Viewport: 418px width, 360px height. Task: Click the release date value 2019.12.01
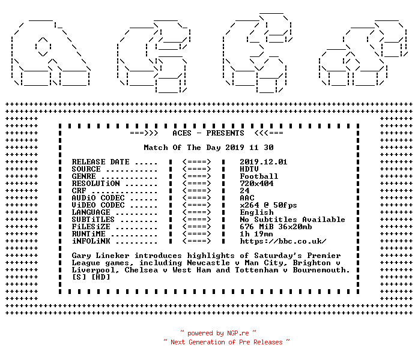(x=264, y=162)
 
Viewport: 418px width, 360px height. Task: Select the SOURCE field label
(x=86, y=169)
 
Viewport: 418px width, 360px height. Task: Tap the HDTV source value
(x=249, y=169)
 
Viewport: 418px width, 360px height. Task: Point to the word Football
(x=259, y=176)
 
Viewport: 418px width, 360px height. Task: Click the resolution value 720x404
(x=256, y=184)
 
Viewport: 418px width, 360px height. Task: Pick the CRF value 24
(x=244, y=191)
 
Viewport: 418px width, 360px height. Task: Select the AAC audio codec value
(x=247, y=198)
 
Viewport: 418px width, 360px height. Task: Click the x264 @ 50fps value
(x=268, y=205)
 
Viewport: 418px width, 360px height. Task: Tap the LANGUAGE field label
(x=91, y=212)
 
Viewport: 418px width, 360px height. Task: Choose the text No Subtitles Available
(x=292, y=220)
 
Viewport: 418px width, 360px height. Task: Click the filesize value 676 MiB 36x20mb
(x=276, y=227)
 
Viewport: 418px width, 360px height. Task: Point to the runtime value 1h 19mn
(x=256, y=234)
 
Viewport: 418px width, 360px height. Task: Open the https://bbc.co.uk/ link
(x=283, y=241)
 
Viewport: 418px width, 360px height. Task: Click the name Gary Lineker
(x=100, y=256)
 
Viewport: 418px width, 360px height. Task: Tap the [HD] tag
(x=100, y=277)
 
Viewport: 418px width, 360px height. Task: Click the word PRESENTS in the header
(x=225, y=133)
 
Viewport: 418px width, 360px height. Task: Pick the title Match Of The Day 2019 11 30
(x=208, y=148)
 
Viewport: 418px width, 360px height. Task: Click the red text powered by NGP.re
(x=218, y=333)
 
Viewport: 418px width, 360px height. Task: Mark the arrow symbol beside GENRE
(x=196, y=176)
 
